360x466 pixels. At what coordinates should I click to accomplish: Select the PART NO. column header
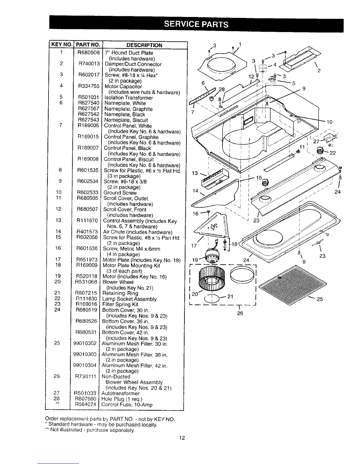click(x=87, y=45)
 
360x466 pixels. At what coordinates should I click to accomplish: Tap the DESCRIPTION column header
click(x=144, y=45)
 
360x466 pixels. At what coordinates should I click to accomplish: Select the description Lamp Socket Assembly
click(x=129, y=299)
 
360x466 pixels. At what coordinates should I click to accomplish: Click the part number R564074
click(x=86, y=405)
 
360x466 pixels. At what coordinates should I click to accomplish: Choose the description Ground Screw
click(x=120, y=193)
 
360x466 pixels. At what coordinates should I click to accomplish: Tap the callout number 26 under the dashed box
click(x=240, y=313)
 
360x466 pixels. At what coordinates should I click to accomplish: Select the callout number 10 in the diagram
click(x=329, y=122)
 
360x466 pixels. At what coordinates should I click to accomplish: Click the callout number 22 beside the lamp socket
click(x=333, y=153)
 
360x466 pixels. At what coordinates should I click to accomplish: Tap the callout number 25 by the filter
click(x=320, y=299)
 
